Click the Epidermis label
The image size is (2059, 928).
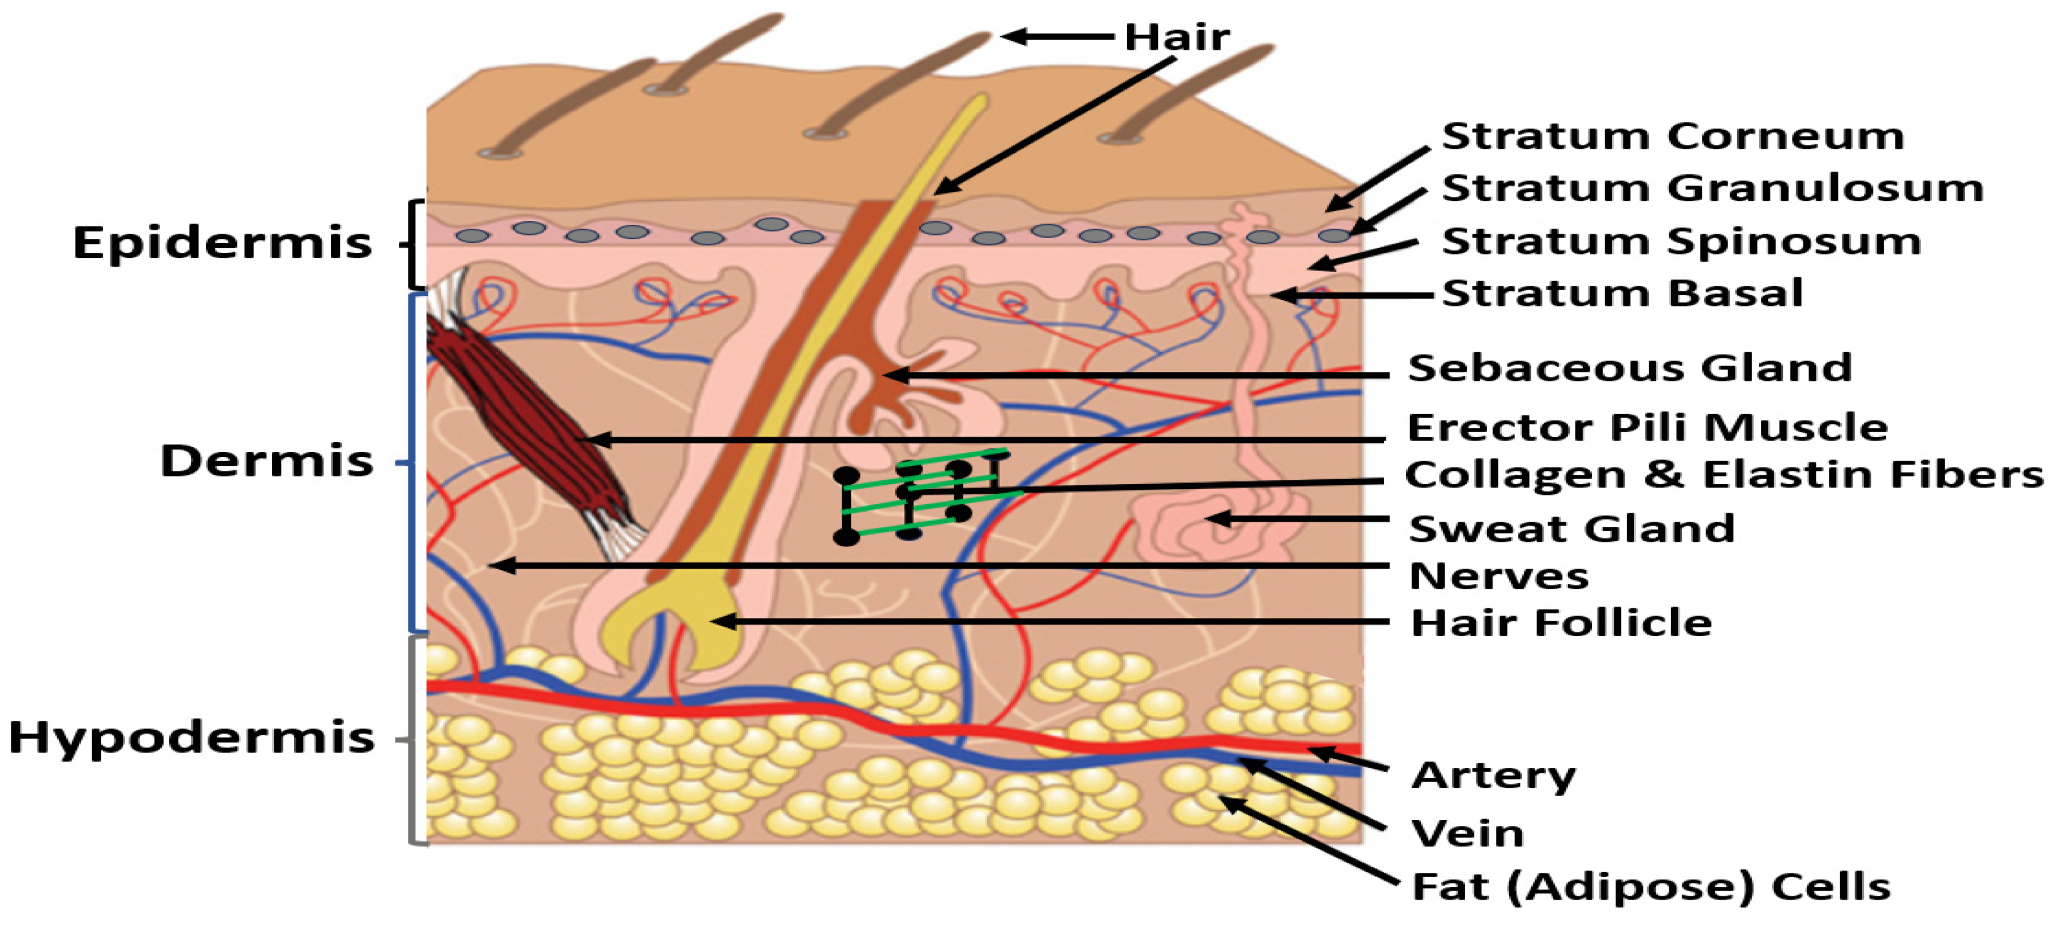tap(222, 243)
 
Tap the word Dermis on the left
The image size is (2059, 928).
tap(267, 461)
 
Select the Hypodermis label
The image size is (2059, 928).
tap(192, 737)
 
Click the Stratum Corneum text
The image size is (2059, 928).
tap(1672, 136)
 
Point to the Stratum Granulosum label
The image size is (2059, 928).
tap(1712, 188)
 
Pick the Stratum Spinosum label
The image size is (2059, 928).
tap(1681, 242)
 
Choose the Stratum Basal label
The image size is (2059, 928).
tap(1622, 293)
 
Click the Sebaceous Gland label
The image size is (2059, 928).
tap(1630, 368)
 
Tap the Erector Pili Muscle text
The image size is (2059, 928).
tap(1647, 428)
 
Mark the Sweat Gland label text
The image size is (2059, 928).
tap(1571, 529)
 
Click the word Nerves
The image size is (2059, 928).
tap(1498, 576)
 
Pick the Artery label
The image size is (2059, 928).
tap(1493, 775)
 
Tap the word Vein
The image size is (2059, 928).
tap(1467, 834)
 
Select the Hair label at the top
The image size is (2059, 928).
tap(1177, 37)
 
